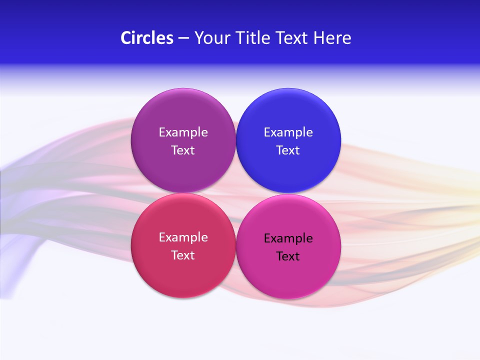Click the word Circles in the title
pyautogui.click(x=147, y=38)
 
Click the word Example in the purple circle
pyautogui.click(x=183, y=132)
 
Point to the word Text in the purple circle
pyautogui.click(x=183, y=150)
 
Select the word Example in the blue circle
pyautogui.click(x=288, y=132)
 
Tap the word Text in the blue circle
pyautogui.click(x=288, y=150)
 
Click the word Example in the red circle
pyautogui.click(x=183, y=237)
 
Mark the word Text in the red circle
pyautogui.click(x=183, y=255)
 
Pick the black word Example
pyautogui.click(x=288, y=238)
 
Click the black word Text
pyautogui.click(x=288, y=256)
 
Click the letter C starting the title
pyautogui.click(x=126, y=38)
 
